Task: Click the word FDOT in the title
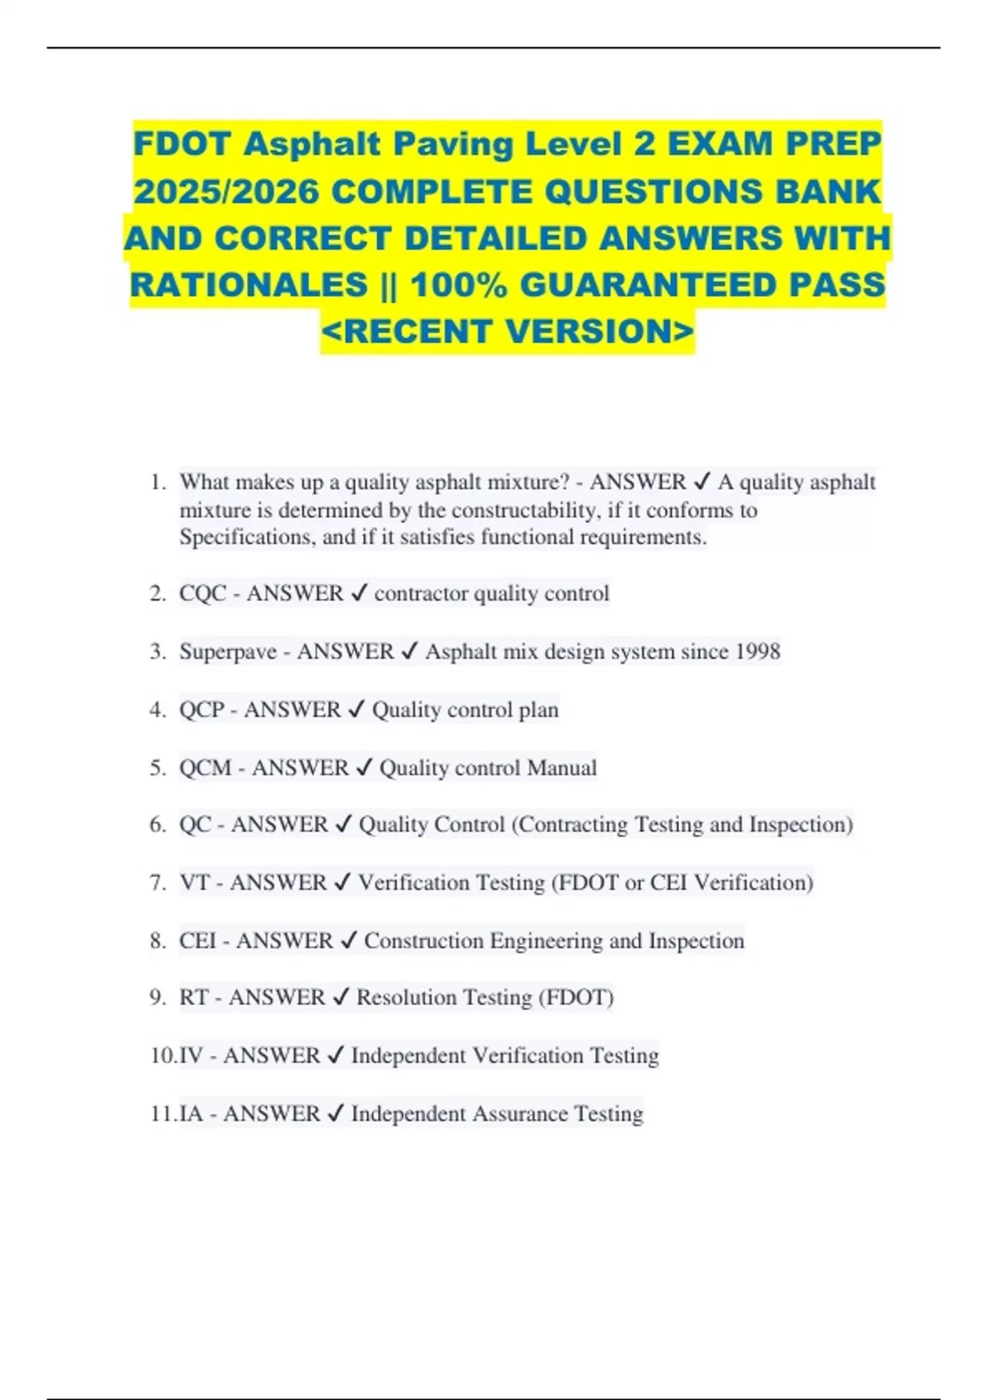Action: pyautogui.click(x=183, y=144)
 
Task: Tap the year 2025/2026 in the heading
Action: pyautogui.click(x=226, y=192)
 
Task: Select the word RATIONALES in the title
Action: pyautogui.click(x=249, y=285)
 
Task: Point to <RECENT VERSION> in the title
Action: pyautogui.click(x=508, y=331)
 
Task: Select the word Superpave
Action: pyautogui.click(x=228, y=651)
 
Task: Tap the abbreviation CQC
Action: pyautogui.click(x=203, y=594)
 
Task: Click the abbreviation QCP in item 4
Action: pyautogui.click(x=202, y=710)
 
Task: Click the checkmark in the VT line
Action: pyautogui.click(x=343, y=883)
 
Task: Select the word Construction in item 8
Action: pyautogui.click(x=424, y=940)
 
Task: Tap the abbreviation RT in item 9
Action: pyautogui.click(x=194, y=997)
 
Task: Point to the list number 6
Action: pyautogui.click(x=157, y=824)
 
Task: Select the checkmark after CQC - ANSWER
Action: pyautogui.click(x=359, y=594)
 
